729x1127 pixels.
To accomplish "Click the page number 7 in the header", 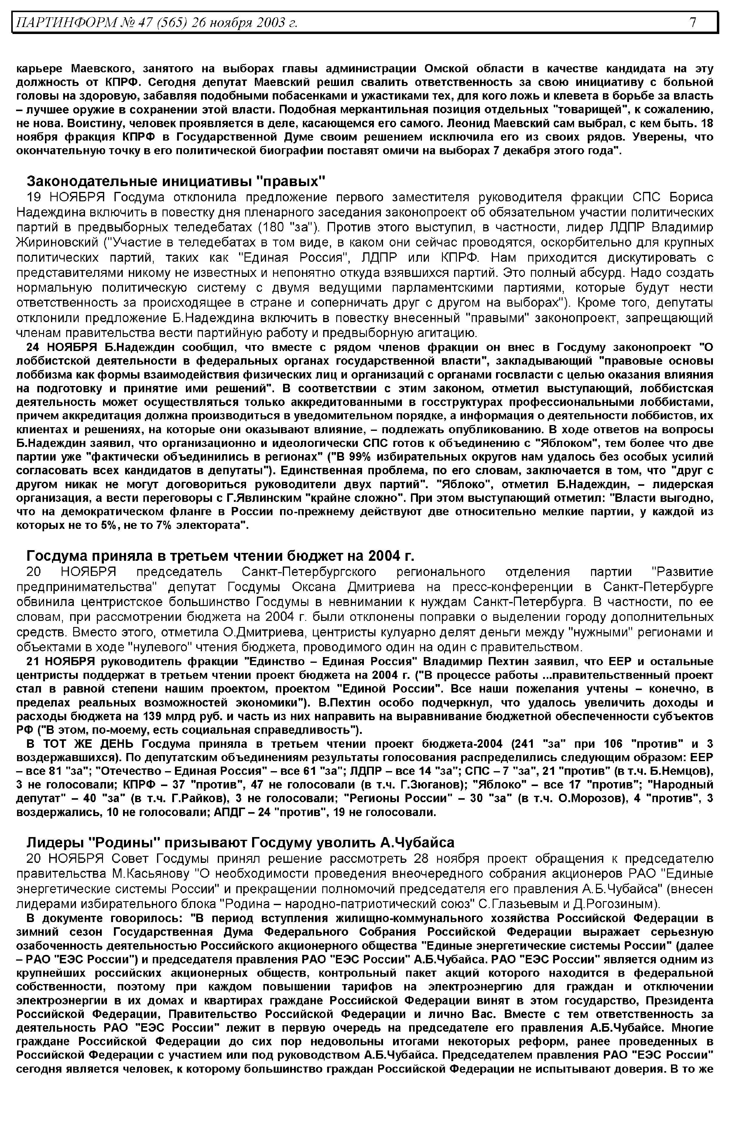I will point(693,22).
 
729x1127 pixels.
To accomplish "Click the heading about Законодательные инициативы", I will point(176,181).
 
